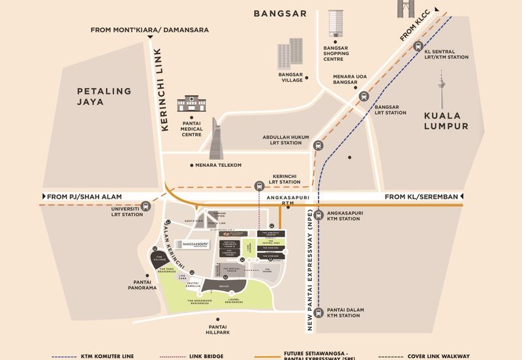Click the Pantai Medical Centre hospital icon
click(191, 103)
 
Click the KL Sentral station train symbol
click(418, 46)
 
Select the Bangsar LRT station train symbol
click(361, 97)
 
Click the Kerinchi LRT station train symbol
click(260, 185)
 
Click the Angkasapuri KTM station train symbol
click(318, 216)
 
